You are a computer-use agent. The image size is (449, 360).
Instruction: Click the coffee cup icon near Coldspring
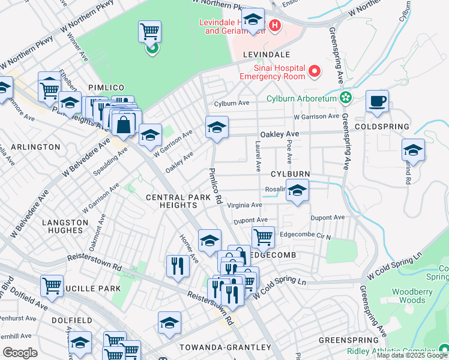coord(377,101)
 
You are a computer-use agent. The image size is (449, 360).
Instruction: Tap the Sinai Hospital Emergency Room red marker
coord(314,73)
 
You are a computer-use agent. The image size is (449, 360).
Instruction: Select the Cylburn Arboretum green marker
coord(346,97)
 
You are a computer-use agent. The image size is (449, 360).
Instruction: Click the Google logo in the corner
coord(20,353)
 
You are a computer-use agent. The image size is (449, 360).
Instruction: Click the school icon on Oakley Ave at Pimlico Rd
coord(217,127)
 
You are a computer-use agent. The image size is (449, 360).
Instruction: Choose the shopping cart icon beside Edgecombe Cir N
coord(263,237)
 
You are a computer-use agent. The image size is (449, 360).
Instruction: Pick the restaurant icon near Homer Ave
coord(178,265)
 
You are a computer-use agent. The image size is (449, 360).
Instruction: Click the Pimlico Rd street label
coord(215,184)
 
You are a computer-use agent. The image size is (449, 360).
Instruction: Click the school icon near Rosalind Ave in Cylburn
coord(297,190)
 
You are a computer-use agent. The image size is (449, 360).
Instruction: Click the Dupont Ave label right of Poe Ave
coord(327,217)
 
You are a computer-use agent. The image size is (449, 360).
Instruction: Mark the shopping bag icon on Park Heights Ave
coord(123,125)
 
